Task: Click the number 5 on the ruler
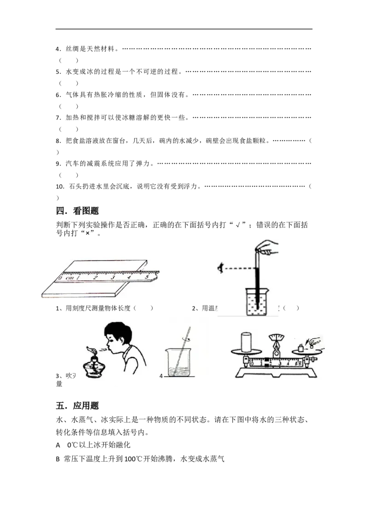pos(147,277)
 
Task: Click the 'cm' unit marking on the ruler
pos(69,277)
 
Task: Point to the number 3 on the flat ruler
pos(113,277)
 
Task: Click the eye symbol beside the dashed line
pos(221,267)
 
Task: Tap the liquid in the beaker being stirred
pos(179,370)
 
